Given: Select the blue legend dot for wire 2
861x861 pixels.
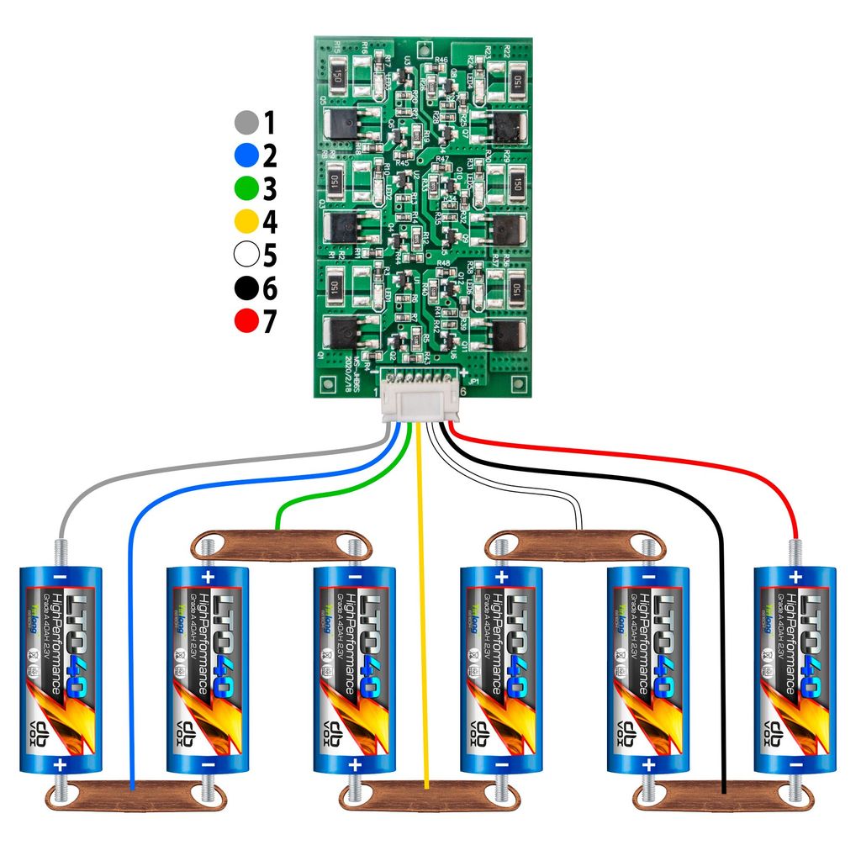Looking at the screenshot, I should [x=246, y=156].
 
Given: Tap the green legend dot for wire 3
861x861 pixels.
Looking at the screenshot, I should [x=246, y=188].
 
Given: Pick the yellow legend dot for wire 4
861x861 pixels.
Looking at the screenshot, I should [x=246, y=222].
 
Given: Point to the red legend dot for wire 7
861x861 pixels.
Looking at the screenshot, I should [x=246, y=321].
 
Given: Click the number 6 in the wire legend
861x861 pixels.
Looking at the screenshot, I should [x=270, y=288].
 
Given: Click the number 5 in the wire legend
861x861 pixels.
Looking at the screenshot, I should [x=270, y=255].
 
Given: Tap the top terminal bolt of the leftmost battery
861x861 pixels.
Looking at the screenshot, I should [x=61, y=551].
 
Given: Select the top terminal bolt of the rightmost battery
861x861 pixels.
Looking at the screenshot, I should [x=795, y=551].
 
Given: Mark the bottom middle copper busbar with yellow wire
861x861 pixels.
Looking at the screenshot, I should [x=427, y=795].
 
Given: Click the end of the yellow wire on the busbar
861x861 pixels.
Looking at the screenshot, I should [x=427, y=786].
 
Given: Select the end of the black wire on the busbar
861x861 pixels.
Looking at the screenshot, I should [x=724, y=790].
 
